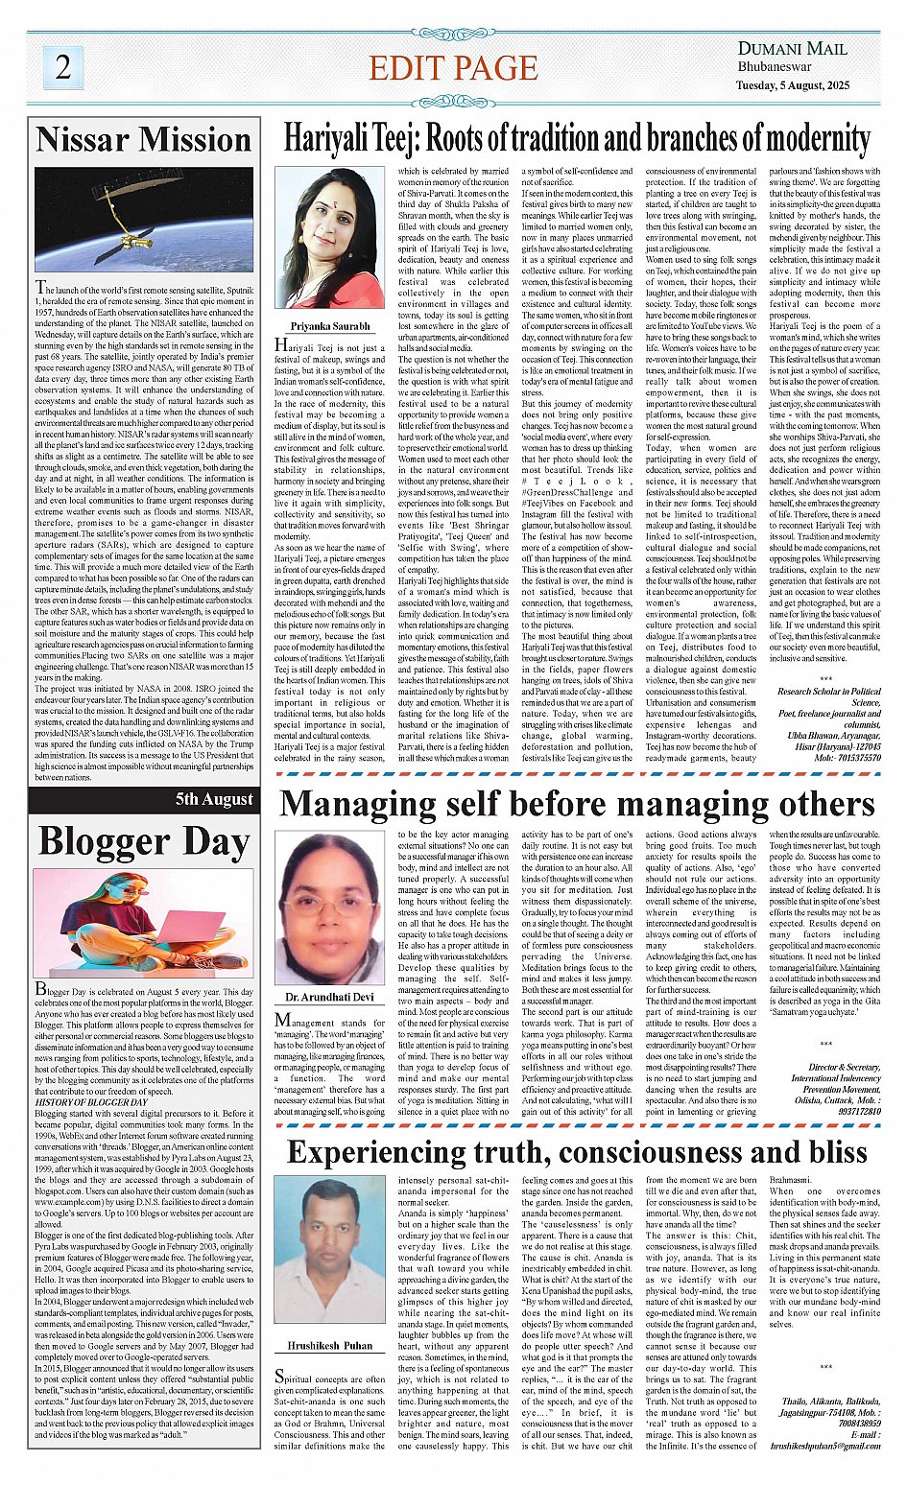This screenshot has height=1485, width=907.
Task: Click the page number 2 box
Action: click(x=63, y=66)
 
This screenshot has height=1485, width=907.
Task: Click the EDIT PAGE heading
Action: click(x=453, y=68)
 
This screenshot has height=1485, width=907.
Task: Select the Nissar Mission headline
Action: click(x=144, y=140)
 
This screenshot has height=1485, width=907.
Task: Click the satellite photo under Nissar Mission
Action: click(x=144, y=220)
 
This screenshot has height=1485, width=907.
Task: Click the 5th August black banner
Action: click(x=213, y=799)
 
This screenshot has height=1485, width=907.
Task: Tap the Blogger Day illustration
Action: click(x=144, y=922)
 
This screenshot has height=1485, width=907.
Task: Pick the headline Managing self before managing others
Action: click(x=576, y=804)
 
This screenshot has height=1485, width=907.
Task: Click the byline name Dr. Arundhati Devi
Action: click(x=329, y=998)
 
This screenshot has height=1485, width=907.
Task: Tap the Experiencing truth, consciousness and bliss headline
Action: click(x=576, y=1151)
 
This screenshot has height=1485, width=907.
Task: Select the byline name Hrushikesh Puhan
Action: click(x=329, y=1346)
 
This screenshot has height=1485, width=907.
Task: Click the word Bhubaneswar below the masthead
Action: click(x=775, y=67)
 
